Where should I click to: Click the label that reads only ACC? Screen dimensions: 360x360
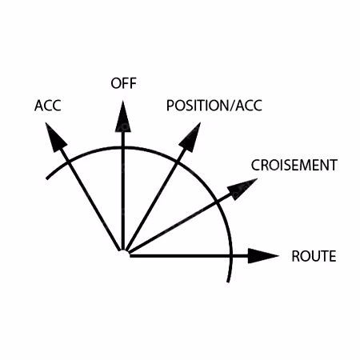pyautogui.click(x=48, y=106)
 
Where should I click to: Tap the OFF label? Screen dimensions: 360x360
pyautogui.click(x=123, y=83)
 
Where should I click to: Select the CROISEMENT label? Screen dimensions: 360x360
pyautogui.click(x=294, y=165)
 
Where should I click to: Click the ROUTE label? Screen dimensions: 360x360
pyautogui.click(x=314, y=256)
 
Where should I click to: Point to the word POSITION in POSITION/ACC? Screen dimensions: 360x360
pyautogui.click(x=198, y=106)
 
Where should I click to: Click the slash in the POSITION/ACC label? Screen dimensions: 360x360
pyautogui.click(x=231, y=106)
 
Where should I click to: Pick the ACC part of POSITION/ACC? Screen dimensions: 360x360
pyautogui.click(x=249, y=106)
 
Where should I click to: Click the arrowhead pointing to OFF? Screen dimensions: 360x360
pyautogui.click(x=123, y=116)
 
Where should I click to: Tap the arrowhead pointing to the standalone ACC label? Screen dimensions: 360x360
pyautogui.click(x=55, y=137)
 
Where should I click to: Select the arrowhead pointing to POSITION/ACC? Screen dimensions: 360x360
pyautogui.click(x=190, y=137)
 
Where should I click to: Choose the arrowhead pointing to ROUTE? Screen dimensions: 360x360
pyautogui.click(x=263, y=256)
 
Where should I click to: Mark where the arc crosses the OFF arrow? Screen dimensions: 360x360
pyautogui.click(x=123, y=147)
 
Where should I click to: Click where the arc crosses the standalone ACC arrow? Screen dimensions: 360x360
pyautogui.click(x=69, y=162)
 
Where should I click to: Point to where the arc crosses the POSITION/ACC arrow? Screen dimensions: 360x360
pyautogui.click(x=176, y=161)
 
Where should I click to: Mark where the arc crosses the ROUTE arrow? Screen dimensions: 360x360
pyautogui.click(x=231, y=256)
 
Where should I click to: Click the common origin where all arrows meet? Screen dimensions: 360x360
pyautogui.click(x=123, y=252)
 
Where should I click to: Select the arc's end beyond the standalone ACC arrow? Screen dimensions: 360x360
pyautogui.click(x=47, y=178)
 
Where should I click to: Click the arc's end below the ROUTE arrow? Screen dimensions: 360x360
pyautogui.click(x=228, y=281)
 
